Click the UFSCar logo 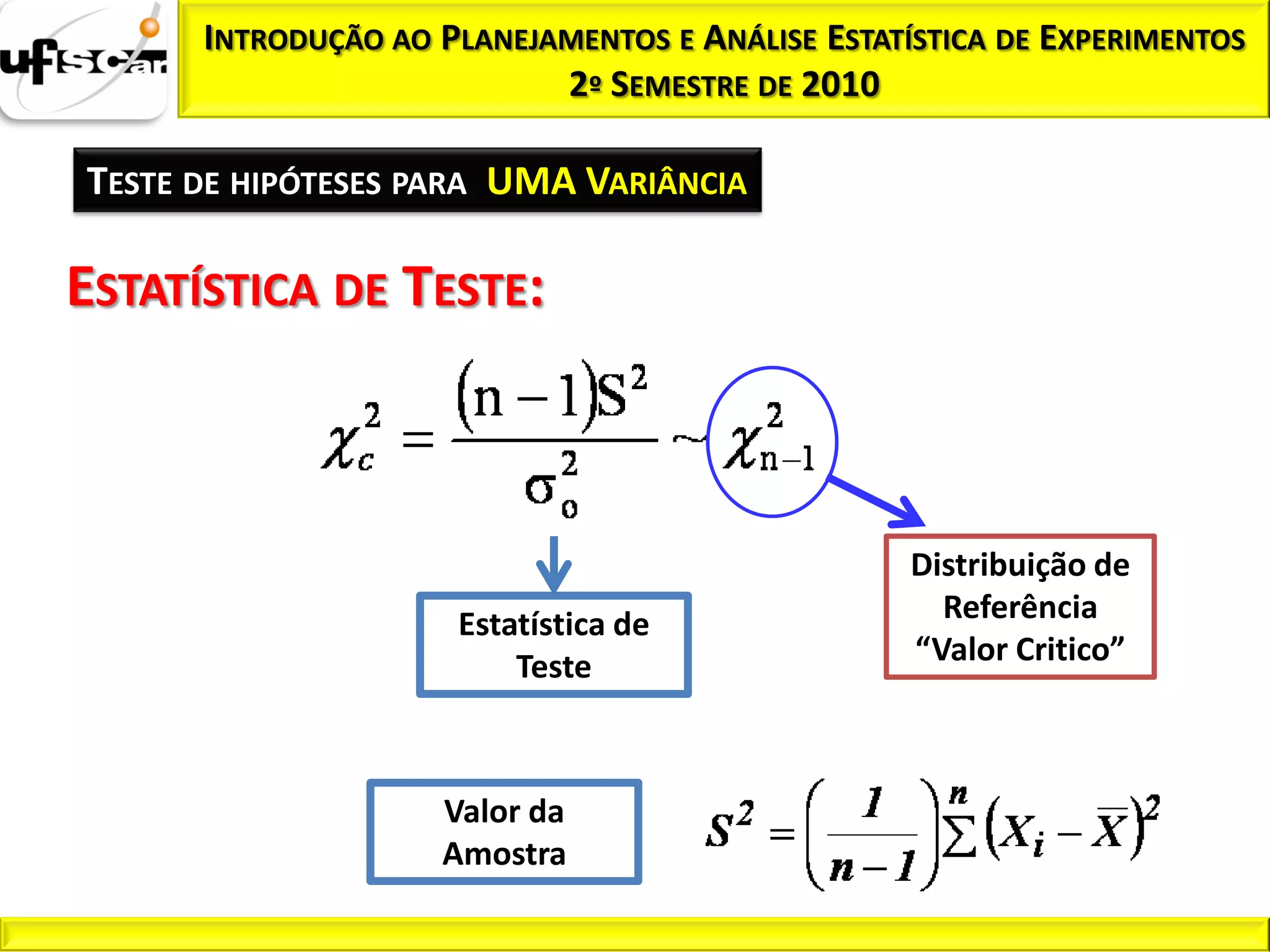[84, 61]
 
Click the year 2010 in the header [840, 84]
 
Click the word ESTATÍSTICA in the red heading [193, 288]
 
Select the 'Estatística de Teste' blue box [554, 645]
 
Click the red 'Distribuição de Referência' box [1020, 606]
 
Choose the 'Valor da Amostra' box [504, 832]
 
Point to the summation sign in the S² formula [959, 837]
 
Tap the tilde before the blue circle [688, 439]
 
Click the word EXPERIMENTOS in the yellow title [1142, 39]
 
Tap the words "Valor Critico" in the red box [1020, 650]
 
